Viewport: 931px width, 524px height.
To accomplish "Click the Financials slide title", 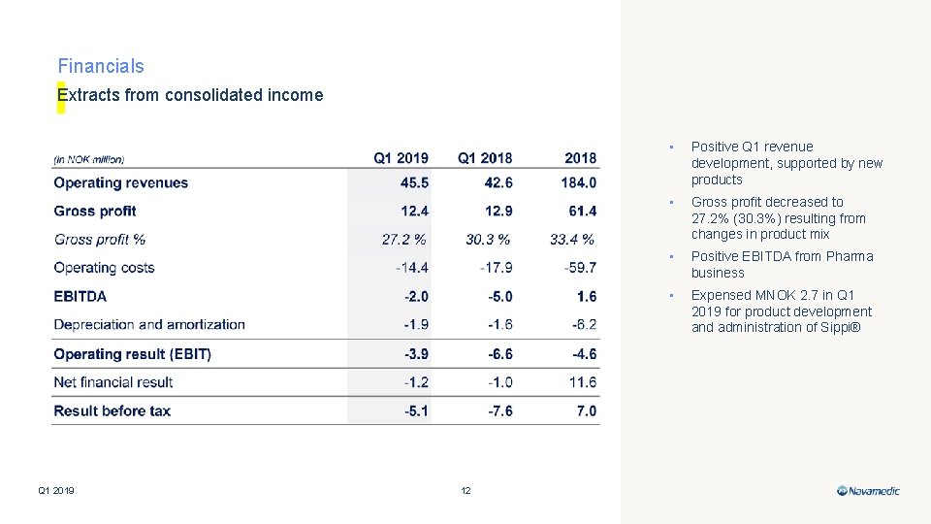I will coord(101,66).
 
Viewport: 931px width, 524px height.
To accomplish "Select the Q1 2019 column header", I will coord(401,157).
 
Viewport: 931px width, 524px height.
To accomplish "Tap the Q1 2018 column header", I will coord(485,157).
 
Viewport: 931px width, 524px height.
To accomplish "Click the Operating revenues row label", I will coord(121,182).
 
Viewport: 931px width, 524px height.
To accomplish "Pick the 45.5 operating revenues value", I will coord(414,182).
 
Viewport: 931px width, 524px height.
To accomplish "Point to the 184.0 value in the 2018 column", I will coord(578,182).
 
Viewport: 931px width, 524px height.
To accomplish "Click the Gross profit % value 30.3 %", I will coord(488,239).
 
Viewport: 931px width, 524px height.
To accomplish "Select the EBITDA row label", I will coord(80,296).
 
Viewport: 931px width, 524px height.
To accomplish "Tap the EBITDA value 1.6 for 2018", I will coord(586,296).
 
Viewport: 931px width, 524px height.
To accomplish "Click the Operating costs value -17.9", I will coord(496,268).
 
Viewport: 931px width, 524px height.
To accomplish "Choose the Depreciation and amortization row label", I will coord(149,324).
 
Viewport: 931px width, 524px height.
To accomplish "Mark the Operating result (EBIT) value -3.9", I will coord(416,354).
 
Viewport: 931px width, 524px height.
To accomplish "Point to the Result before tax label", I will coord(112,410).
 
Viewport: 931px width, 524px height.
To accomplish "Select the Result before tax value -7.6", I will coord(498,410).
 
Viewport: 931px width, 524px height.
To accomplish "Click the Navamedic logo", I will coord(869,491).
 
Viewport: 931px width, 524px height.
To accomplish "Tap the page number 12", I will coord(465,491).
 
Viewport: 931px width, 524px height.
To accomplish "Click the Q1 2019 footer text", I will coord(56,491).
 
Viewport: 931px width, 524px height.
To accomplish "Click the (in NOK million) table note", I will coord(89,159).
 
